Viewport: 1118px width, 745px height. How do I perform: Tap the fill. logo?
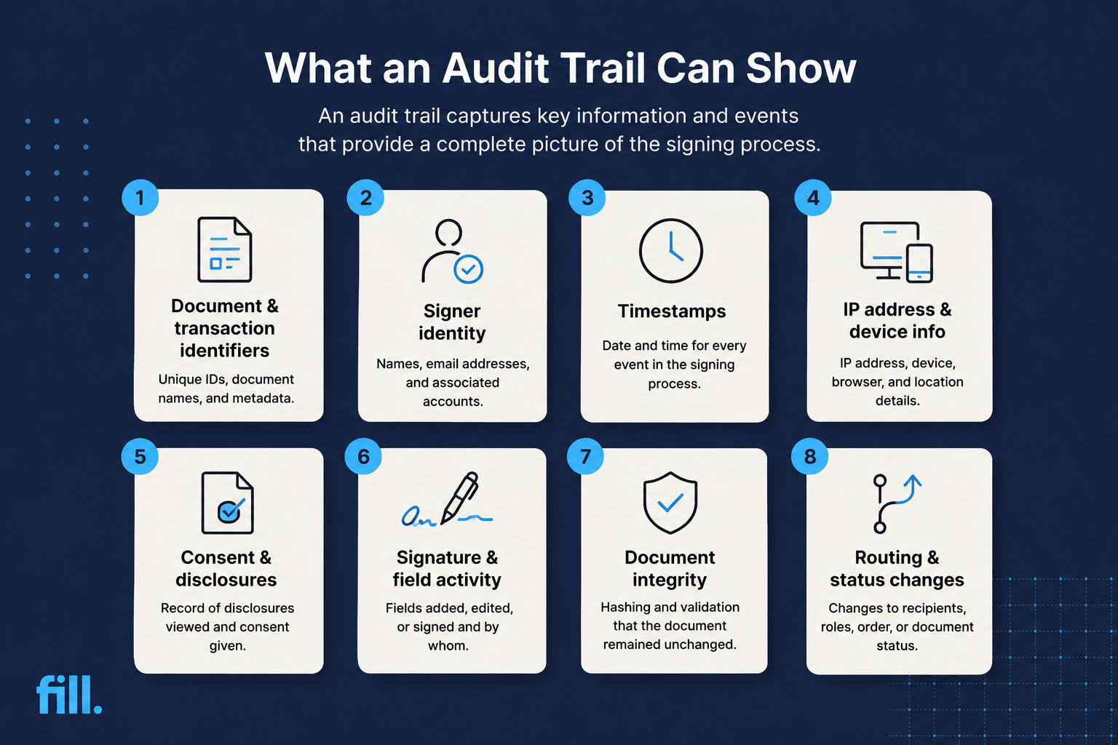[x=69, y=694]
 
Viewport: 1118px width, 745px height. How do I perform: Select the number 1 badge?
[x=140, y=198]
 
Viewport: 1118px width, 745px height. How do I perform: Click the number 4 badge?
[x=813, y=198]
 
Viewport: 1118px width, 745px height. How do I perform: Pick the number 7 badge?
[x=585, y=456]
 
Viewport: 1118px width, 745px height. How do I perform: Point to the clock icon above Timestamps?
[x=671, y=250]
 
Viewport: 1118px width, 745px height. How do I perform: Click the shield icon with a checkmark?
[x=670, y=503]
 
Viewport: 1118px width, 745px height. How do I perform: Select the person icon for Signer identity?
[x=452, y=252]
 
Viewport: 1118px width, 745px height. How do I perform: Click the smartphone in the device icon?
[x=919, y=263]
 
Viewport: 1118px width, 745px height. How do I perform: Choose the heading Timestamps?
[x=672, y=311]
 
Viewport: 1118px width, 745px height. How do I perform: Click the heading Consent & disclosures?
[x=226, y=568]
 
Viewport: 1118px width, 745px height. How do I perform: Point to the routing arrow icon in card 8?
[x=897, y=503]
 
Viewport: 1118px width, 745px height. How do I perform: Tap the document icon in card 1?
[x=225, y=250]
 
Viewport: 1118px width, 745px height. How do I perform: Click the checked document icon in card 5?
[x=227, y=503]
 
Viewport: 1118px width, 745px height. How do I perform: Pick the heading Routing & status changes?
[x=897, y=568]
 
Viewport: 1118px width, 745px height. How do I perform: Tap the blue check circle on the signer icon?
[x=468, y=269]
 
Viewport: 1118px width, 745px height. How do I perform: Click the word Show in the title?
[x=801, y=68]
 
